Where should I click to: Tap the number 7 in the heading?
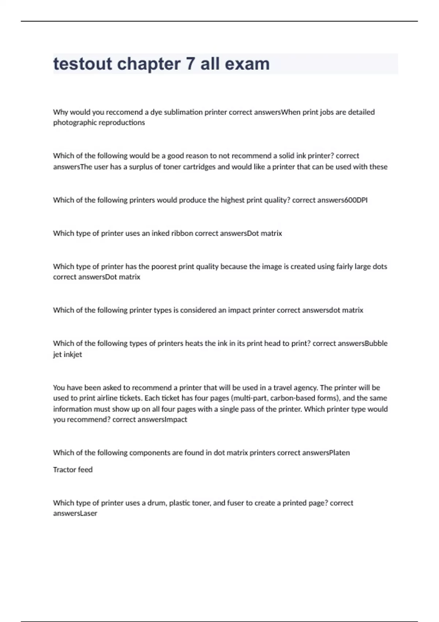click(x=190, y=64)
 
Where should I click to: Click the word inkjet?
click(x=73, y=355)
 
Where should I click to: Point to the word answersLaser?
click(x=75, y=513)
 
